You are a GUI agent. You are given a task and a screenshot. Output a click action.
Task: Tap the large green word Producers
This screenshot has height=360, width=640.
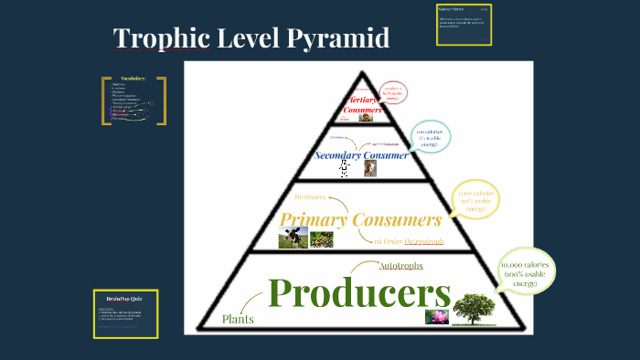tap(359, 292)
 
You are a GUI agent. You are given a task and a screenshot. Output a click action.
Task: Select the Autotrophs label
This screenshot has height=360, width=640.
tap(400, 265)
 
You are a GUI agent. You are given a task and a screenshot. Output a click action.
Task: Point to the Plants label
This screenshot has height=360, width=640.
tap(238, 319)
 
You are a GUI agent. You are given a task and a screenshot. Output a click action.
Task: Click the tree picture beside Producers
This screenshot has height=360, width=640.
tap(475, 309)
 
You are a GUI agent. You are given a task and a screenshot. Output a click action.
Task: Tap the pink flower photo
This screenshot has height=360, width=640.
tap(435, 316)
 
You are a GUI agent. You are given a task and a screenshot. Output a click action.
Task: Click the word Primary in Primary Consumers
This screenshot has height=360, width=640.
tap(316, 219)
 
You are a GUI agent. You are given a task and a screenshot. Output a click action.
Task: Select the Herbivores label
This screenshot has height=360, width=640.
tap(310, 196)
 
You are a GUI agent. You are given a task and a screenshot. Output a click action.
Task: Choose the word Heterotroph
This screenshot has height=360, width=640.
tap(424, 241)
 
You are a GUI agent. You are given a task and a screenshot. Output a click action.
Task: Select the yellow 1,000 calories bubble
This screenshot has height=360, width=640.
tap(475, 200)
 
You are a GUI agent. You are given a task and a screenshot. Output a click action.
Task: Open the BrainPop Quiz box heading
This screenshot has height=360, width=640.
tap(124, 298)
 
